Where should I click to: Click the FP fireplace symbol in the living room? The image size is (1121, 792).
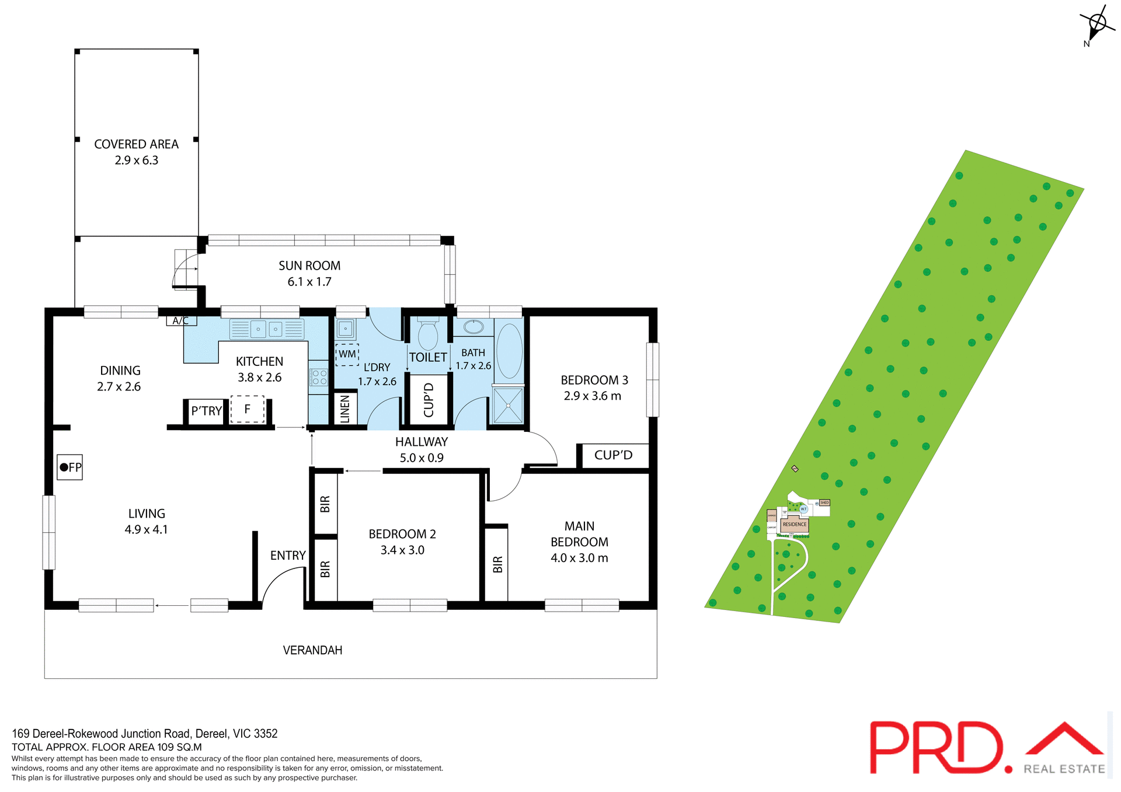coord(69,467)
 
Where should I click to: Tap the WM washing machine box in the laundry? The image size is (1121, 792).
coord(347,354)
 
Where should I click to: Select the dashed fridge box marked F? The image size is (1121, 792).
coord(248,409)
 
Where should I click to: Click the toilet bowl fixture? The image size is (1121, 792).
coord(428,335)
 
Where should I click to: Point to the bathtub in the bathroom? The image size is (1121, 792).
coord(509,351)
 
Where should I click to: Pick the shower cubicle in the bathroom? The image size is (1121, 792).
coord(508,405)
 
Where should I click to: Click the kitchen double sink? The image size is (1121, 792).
coord(267,329)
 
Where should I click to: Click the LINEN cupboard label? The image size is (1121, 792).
coord(345,409)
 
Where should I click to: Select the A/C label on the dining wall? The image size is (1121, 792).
coord(181,320)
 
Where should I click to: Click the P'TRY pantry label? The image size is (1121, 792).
coord(206,411)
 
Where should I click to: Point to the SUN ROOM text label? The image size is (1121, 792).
coord(309,266)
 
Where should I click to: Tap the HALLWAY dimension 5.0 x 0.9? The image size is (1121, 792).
coord(422,458)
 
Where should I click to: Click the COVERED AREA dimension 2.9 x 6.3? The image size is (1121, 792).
coord(137,161)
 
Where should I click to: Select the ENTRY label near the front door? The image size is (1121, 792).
coord(288,556)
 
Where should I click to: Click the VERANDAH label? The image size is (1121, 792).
coord(312,650)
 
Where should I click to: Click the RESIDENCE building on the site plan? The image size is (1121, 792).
coord(794,524)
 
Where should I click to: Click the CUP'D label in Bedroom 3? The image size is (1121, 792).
coord(613,455)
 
